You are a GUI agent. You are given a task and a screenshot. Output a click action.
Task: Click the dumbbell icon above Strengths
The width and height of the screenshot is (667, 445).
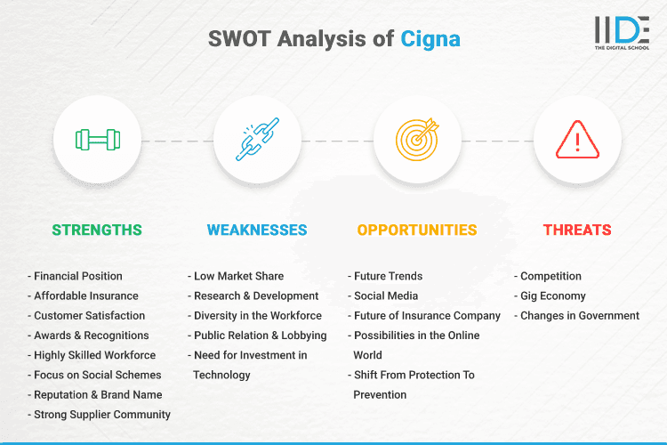[x=97, y=140]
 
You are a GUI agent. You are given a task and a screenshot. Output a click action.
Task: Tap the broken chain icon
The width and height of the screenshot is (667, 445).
[x=257, y=140]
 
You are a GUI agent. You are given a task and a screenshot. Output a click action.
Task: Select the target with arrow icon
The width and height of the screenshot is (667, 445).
[x=417, y=140]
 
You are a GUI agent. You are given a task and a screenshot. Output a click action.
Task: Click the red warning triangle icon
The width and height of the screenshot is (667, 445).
[x=577, y=140]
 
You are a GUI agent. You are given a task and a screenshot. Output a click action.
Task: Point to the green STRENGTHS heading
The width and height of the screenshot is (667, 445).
[x=97, y=230]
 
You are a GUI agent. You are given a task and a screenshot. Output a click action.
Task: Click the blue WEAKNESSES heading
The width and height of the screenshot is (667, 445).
[x=257, y=230]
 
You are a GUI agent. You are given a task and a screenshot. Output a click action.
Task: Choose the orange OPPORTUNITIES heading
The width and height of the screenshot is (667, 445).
[x=417, y=230]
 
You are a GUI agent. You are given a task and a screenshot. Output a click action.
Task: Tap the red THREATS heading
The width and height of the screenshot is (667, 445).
[x=577, y=230]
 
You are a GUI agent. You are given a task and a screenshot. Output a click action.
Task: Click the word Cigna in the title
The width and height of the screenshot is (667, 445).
[x=431, y=39]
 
